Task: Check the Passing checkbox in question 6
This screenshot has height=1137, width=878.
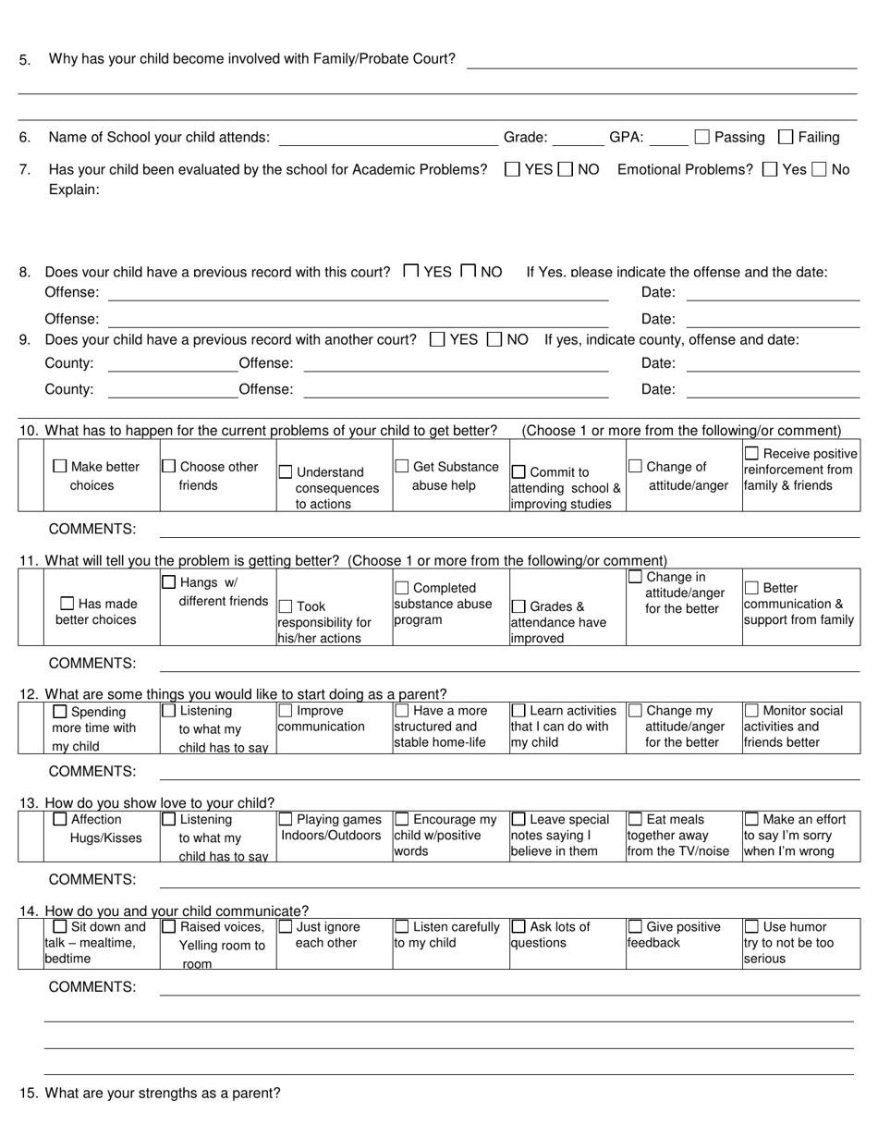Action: click(x=701, y=138)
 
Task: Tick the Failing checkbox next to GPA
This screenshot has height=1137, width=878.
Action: click(x=786, y=138)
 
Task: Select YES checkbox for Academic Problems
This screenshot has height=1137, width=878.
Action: click(x=512, y=169)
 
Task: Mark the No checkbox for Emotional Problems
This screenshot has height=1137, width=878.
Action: click(x=818, y=169)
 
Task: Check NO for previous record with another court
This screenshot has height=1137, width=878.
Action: click(x=494, y=339)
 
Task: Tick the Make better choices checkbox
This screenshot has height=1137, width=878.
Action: click(x=60, y=467)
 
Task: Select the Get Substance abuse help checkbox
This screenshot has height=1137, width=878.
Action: click(x=402, y=467)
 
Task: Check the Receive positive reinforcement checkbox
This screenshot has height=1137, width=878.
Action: click(x=751, y=453)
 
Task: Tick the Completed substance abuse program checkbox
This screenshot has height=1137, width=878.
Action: click(x=402, y=588)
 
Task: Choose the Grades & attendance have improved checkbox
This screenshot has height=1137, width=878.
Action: click(x=518, y=606)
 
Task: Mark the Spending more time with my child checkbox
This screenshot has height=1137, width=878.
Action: click(x=60, y=712)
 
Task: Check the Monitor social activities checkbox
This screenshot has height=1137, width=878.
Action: click(x=751, y=711)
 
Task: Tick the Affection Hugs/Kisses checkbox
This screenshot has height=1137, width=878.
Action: click(x=60, y=819)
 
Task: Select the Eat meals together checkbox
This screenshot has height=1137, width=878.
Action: click(x=635, y=819)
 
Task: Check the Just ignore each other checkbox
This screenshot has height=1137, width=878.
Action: click(x=286, y=926)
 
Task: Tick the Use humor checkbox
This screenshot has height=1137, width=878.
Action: click(x=751, y=926)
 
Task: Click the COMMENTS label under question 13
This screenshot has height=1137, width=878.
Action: click(x=91, y=879)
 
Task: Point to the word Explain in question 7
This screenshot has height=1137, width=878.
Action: click(x=74, y=189)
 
